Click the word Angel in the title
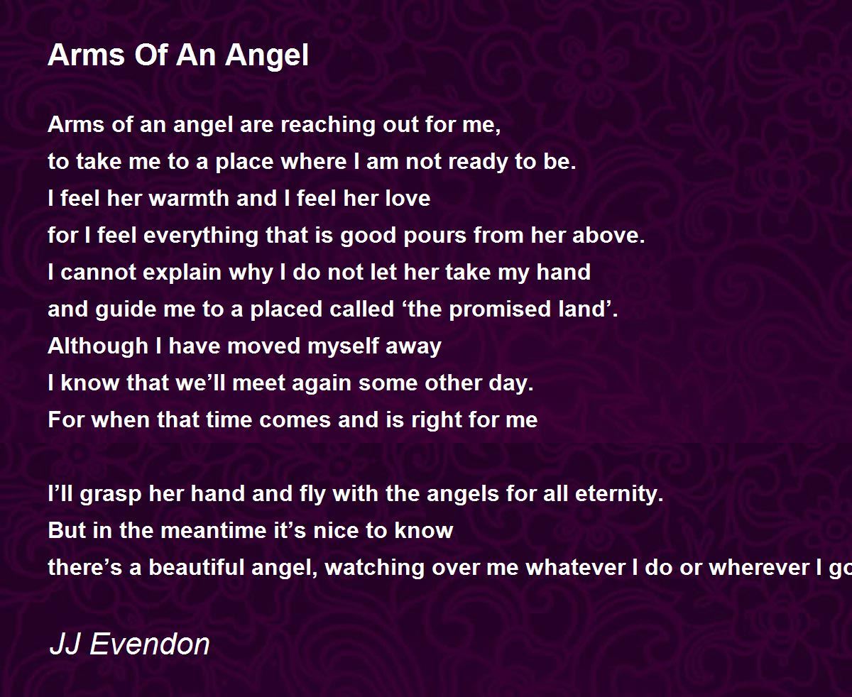point(267,56)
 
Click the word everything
point(201,236)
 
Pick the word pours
point(435,236)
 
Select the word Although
point(98,347)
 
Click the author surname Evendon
point(150,644)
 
